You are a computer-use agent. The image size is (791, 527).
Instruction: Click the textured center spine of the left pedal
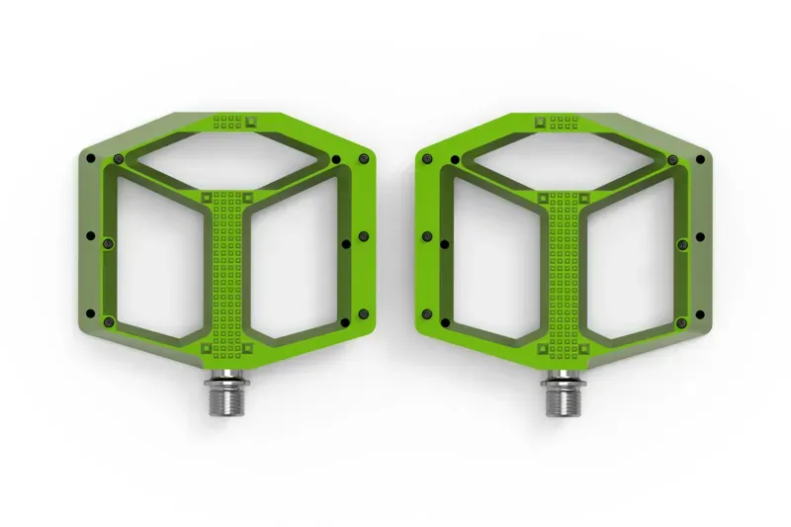coord(227,277)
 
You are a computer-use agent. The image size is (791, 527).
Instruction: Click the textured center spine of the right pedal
coord(563,277)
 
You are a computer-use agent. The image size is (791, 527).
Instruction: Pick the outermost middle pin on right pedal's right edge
coord(700,237)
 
